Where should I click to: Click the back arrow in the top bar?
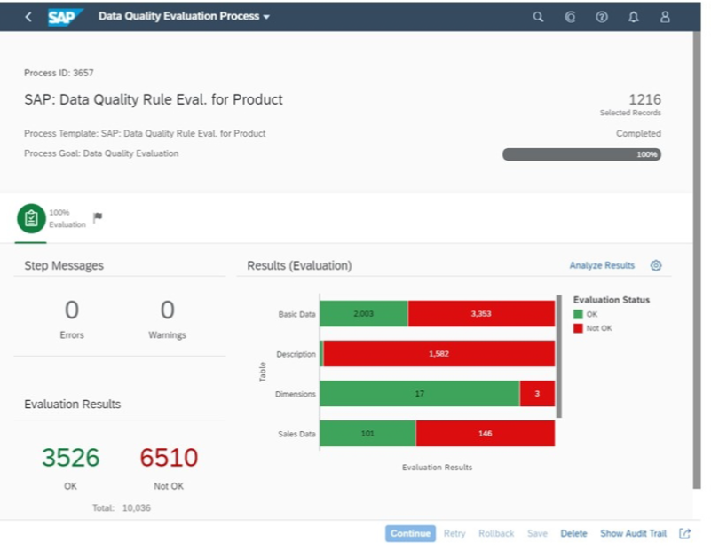click(x=28, y=16)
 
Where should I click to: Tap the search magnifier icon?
click(x=538, y=17)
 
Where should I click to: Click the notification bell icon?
click(x=633, y=17)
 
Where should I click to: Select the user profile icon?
click(x=665, y=17)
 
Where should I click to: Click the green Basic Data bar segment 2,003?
click(x=363, y=313)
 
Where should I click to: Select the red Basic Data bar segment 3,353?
click(x=481, y=313)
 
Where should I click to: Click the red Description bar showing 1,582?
click(x=439, y=354)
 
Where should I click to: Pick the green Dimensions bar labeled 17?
click(x=419, y=394)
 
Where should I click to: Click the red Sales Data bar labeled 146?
click(x=485, y=434)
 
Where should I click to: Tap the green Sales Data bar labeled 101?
click(x=367, y=434)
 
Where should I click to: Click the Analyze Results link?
click(x=602, y=265)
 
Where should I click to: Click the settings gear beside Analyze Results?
click(x=656, y=265)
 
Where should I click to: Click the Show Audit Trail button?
click(x=633, y=533)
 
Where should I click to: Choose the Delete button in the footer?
click(x=573, y=533)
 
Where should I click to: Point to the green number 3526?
click(x=70, y=458)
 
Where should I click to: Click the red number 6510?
click(x=169, y=458)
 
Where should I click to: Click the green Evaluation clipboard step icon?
click(x=31, y=218)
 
